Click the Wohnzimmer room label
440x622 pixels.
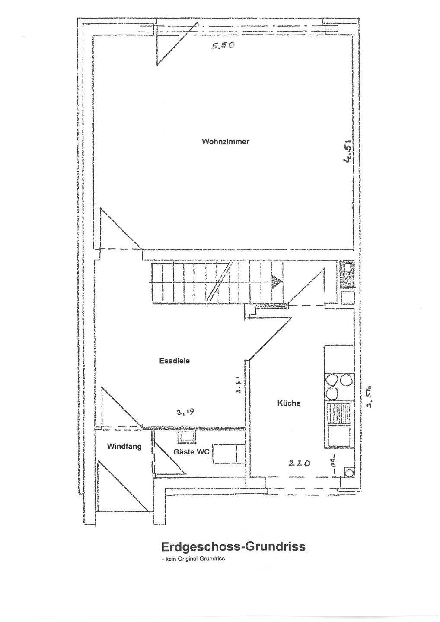click(226, 142)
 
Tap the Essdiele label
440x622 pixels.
click(174, 361)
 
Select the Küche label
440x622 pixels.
click(288, 403)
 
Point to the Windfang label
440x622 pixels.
click(124, 446)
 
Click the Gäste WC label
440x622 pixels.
click(191, 452)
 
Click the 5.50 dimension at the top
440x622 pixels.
click(223, 44)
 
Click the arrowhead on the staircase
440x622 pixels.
click(277, 282)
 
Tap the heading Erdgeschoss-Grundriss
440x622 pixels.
click(233, 546)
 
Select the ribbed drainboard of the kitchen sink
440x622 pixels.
click(339, 414)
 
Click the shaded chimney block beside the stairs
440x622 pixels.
click(346, 274)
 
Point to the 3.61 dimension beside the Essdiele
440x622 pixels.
click(238, 384)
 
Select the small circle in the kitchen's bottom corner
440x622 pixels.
click(348, 472)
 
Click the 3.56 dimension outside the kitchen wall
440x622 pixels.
click(370, 396)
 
